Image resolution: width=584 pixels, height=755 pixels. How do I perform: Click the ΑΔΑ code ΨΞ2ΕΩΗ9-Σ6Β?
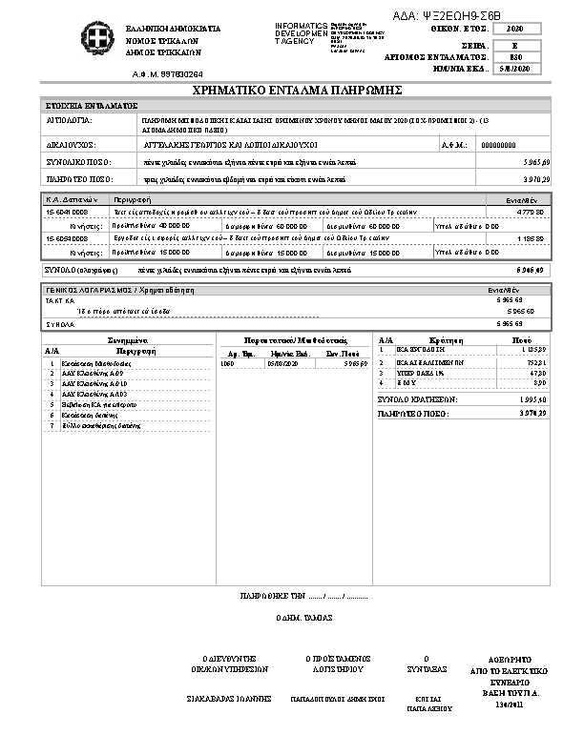coord(447,16)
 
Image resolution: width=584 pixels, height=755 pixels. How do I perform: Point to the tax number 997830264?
coord(181,73)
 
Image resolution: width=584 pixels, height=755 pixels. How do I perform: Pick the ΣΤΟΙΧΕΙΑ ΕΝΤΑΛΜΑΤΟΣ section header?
coord(93,105)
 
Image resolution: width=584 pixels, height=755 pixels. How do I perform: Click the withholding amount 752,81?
coord(535,363)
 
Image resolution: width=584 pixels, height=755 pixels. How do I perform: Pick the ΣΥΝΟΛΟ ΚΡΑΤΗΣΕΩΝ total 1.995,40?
coord(530,398)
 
